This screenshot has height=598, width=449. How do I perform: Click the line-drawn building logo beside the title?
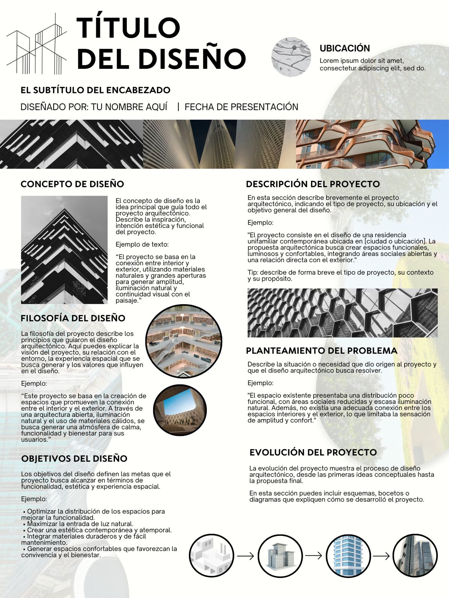point(37,44)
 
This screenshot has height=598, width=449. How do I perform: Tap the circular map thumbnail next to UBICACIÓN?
point(291,57)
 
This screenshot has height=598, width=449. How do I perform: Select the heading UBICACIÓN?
point(345,48)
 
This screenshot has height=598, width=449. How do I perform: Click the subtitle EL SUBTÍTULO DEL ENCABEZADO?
point(95,90)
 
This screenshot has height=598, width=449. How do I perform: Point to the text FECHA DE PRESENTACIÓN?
point(241,107)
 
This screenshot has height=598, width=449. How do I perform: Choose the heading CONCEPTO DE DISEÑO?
point(72,184)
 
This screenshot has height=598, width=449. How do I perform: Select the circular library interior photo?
point(183,342)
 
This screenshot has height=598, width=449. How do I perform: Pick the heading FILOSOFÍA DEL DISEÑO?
point(73,318)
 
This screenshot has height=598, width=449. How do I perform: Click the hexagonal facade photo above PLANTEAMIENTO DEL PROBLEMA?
point(342,313)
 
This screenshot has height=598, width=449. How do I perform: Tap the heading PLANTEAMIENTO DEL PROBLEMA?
point(321,351)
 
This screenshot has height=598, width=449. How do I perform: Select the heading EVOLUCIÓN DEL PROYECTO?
point(313,452)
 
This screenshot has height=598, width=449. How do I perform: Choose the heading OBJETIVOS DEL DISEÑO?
point(74,459)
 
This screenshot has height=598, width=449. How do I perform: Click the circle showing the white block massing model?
point(211,556)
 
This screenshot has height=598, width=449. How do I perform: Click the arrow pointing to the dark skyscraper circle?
point(381,556)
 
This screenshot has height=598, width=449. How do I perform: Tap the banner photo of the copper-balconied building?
point(372,144)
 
